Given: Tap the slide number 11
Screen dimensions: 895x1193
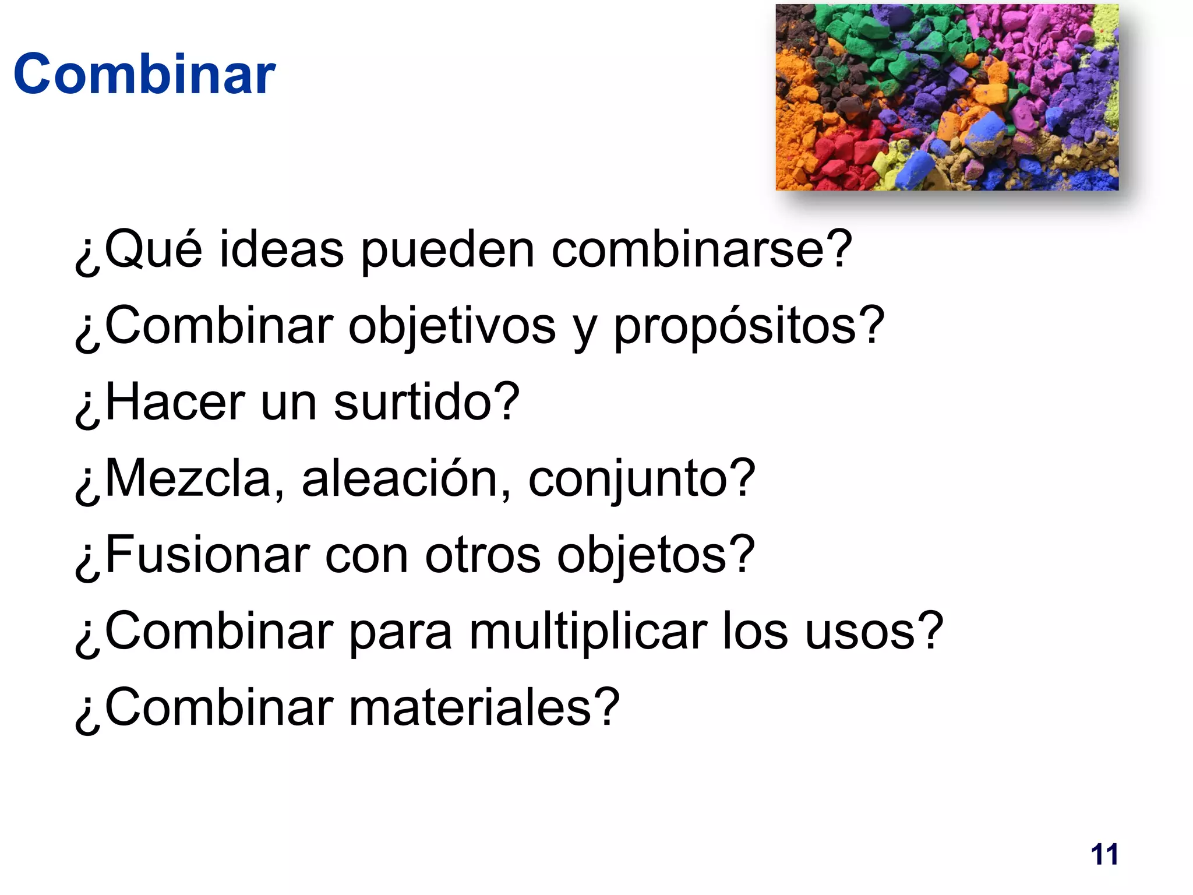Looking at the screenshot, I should tap(1104, 855).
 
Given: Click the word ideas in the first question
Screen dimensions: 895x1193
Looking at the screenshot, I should tap(281, 250).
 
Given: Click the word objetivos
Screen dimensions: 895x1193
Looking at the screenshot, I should tap(452, 327).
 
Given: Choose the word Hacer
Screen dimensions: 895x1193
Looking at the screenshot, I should tap(175, 403).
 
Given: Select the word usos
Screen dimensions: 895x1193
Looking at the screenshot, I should tap(863, 633).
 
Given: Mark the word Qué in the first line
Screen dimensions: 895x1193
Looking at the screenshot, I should tap(153, 250).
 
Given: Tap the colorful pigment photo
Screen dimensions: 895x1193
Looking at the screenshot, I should tap(947, 97).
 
